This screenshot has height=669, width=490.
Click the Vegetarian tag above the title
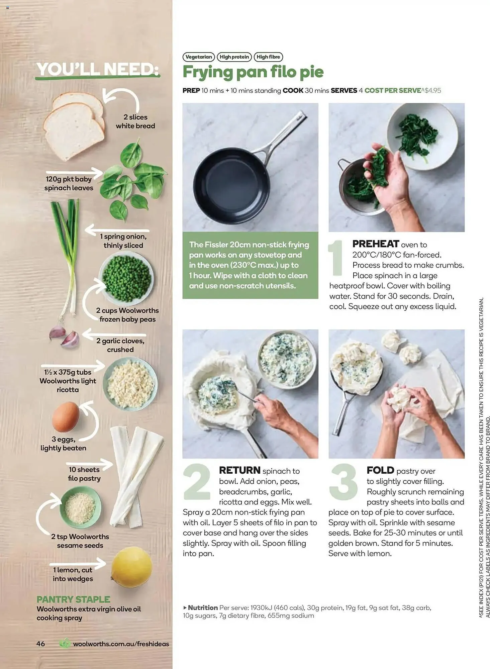pyautogui.click(x=198, y=57)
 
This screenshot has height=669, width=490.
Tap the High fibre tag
pyautogui.click(x=268, y=57)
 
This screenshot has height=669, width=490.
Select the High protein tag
pyautogui.click(x=234, y=57)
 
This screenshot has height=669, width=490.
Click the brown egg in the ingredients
pyautogui.click(x=66, y=417)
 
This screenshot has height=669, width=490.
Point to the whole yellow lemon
pyautogui.click(x=131, y=567)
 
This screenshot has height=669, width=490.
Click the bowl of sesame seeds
pyautogui.click(x=80, y=508)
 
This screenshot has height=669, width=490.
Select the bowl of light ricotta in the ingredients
pyautogui.click(x=130, y=384)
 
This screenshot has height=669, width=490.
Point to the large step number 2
pyautogui.click(x=197, y=482)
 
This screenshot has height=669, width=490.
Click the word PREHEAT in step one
pyautogui.click(x=376, y=244)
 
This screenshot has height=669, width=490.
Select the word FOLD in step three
pyautogui.click(x=380, y=470)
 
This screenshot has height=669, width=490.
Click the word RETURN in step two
pyautogui.click(x=239, y=470)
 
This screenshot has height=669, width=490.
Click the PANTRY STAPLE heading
pyautogui.click(x=73, y=599)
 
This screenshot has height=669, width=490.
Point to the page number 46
pyautogui.click(x=40, y=644)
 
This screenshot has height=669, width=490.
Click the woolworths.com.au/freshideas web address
pyautogui.click(x=121, y=644)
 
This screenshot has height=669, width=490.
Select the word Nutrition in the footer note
pyautogui.click(x=203, y=607)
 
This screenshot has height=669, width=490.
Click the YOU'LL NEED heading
pyautogui.click(x=98, y=70)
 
